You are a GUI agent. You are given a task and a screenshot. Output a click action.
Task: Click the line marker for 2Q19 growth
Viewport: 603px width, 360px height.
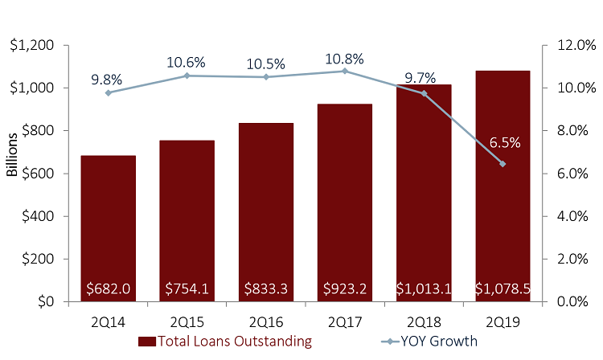click(x=503, y=163)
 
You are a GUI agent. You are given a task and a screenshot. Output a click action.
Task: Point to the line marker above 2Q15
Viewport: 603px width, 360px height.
click(x=187, y=76)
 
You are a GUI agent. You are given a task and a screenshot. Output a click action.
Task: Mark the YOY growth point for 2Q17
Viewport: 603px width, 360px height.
click(x=345, y=71)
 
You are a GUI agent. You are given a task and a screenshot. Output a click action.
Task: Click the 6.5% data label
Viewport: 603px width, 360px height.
click(x=504, y=143)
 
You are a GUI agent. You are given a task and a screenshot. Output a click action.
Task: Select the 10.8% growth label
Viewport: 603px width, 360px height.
click(x=344, y=58)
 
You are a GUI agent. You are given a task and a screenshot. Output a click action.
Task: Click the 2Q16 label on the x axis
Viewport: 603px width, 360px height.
click(x=265, y=321)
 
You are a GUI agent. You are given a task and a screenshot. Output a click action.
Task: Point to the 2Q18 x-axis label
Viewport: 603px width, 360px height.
click(x=424, y=321)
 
